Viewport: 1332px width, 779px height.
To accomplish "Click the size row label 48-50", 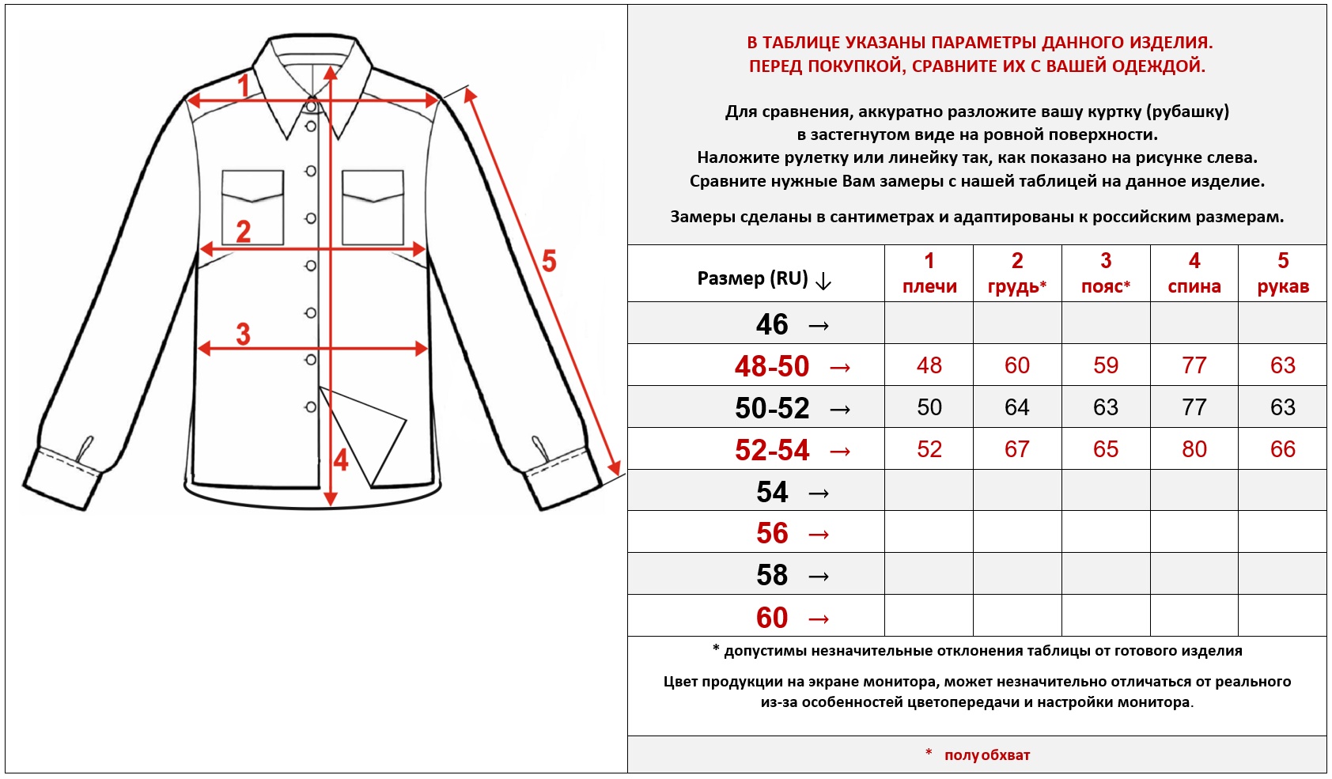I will [x=771, y=366].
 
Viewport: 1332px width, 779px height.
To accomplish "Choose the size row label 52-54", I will [x=771, y=450].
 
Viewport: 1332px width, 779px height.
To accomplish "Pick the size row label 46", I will [x=772, y=324].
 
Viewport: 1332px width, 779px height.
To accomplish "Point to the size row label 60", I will [x=772, y=618].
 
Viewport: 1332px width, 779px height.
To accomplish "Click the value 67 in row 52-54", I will [x=1016, y=449].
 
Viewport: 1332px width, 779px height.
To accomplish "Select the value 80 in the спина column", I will [x=1194, y=449].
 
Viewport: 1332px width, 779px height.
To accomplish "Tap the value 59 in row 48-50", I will [x=1105, y=365].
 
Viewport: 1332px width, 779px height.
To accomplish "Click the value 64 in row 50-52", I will [x=1016, y=407].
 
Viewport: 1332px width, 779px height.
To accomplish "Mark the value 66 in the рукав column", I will [x=1282, y=449].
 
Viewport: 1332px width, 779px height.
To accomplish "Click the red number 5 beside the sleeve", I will [x=548, y=261].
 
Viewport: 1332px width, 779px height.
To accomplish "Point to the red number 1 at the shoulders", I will [x=244, y=85].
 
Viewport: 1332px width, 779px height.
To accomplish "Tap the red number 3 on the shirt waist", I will [x=243, y=334].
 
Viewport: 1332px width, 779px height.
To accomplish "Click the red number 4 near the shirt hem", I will [x=341, y=459].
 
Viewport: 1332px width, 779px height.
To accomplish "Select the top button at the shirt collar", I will [x=312, y=106].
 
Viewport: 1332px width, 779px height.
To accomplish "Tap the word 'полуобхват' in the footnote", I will [x=986, y=755].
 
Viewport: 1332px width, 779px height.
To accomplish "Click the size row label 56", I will [x=772, y=534].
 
